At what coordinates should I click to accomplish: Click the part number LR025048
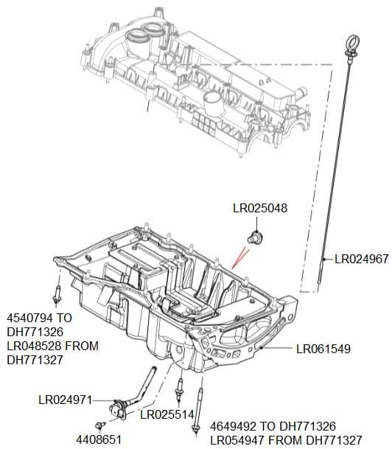(x=260, y=209)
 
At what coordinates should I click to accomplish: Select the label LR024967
(x=361, y=260)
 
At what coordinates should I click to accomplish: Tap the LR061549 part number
(x=323, y=349)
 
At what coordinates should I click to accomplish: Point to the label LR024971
(x=65, y=400)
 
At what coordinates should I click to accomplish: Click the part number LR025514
(x=167, y=414)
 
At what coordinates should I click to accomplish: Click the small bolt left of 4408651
(x=99, y=425)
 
